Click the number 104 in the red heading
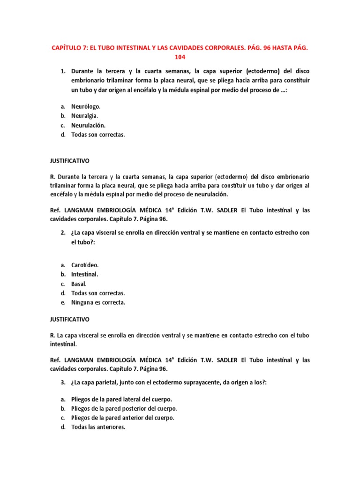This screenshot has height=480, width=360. pos(180,57)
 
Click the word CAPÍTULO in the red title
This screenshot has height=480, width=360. pos(68,48)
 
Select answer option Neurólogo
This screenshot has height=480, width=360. pos(85,106)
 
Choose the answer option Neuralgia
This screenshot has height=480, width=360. pos(84,116)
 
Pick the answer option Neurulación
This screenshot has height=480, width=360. pos(88,125)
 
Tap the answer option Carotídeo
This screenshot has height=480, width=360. pos(85,265)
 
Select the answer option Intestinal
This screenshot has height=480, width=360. pos(84,274)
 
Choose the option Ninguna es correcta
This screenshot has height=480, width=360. pos(98,302)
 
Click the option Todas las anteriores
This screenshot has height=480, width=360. pos(98,427)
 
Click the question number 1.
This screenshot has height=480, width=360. pos(63,71)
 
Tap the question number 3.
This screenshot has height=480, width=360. pos(63,382)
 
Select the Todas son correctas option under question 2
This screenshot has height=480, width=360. pos(98,293)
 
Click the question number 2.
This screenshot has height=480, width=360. pos(63,232)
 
